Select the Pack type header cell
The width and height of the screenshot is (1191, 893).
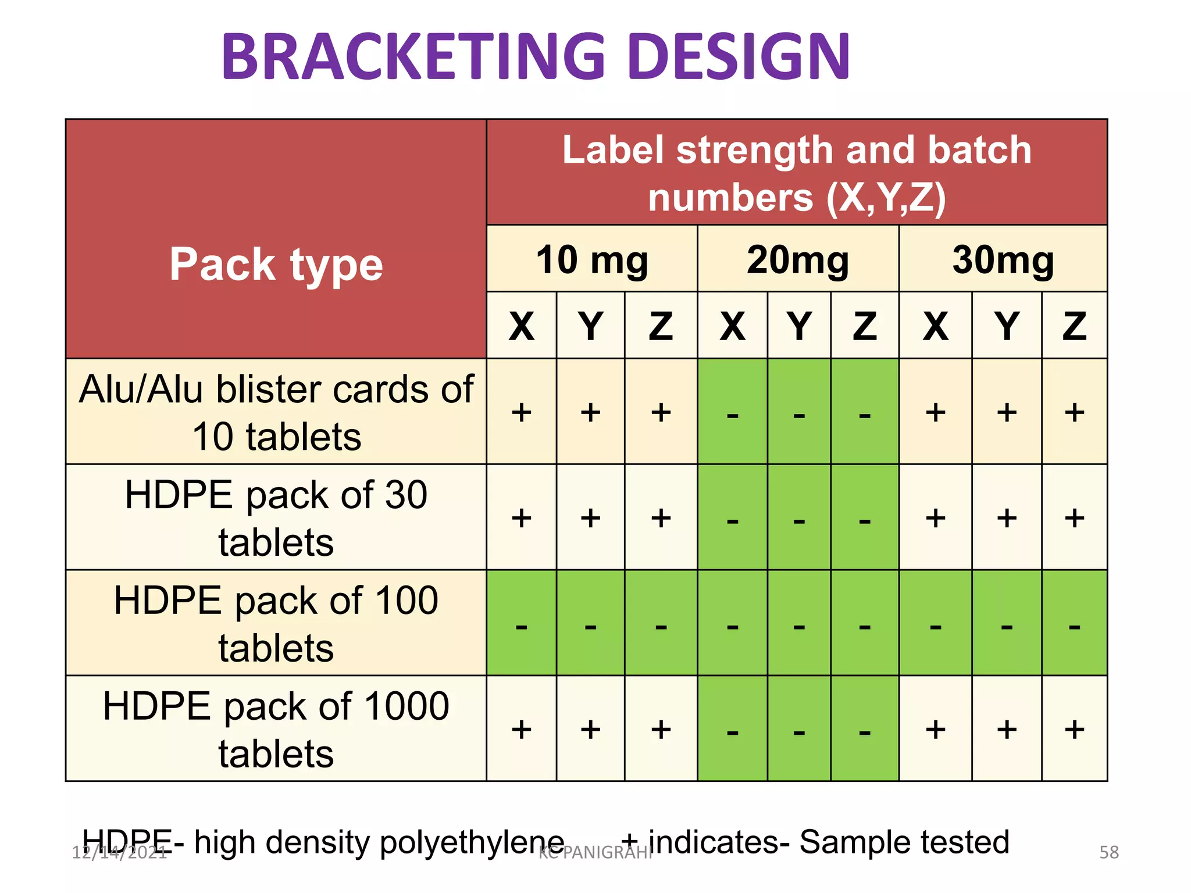click(x=276, y=265)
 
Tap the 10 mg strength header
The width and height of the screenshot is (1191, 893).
click(x=591, y=259)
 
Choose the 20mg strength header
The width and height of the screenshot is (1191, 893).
click(x=798, y=259)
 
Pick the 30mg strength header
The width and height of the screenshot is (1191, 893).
click(x=1003, y=259)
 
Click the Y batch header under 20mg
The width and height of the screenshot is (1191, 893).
click(x=799, y=326)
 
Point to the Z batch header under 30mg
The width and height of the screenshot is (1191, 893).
click(x=1074, y=326)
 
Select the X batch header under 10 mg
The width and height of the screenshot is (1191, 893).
click(x=522, y=326)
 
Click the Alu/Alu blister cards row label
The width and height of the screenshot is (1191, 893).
click(x=276, y=412)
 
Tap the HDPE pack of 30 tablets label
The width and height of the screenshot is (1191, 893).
click(x=276, y=517)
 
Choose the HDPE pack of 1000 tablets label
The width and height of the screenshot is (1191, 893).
click(x=276, y=729)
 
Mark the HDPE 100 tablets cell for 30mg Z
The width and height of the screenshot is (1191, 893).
click(x=1074, y=623)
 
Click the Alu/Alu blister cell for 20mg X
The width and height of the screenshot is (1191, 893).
click(x=732, y=412)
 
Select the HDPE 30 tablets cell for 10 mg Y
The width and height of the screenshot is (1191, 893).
click(x=590, y=517)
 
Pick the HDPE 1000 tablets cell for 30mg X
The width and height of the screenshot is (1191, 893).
click(x=935, y=729)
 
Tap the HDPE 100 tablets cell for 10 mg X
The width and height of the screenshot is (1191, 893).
click(x=522, y=623)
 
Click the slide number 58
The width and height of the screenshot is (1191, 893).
click(x=1109, y=852)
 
